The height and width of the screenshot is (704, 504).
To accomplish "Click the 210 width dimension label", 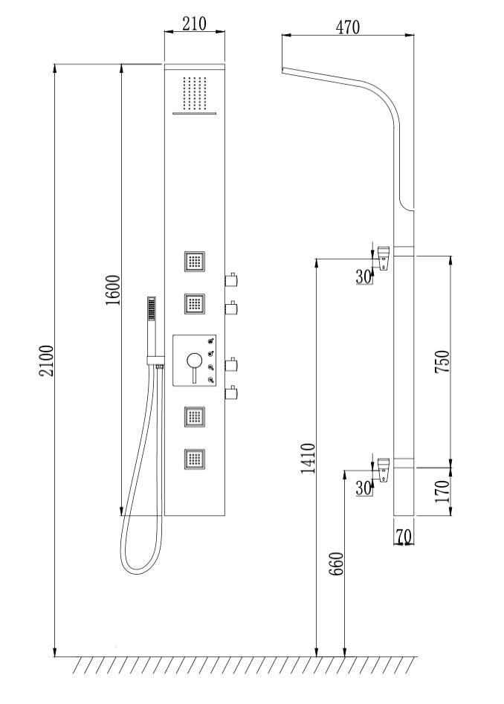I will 193,23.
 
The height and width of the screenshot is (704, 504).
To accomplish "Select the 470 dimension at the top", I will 347,27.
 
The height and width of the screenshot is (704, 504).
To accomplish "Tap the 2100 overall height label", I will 46,361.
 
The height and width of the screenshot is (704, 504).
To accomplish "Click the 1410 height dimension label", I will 308,458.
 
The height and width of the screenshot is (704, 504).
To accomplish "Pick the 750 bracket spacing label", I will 442,362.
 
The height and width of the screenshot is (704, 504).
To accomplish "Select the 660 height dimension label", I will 335,567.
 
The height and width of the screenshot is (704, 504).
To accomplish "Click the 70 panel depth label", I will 404,535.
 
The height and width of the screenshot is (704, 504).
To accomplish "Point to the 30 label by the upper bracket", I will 364,277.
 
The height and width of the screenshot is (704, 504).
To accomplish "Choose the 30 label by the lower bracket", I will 364,488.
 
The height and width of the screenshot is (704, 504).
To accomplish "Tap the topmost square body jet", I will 196,262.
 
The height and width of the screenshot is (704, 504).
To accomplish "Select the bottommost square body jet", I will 196,458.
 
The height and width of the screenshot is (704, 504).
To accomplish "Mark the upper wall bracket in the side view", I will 383,256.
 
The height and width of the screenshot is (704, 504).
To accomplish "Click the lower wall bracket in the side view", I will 383,469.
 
